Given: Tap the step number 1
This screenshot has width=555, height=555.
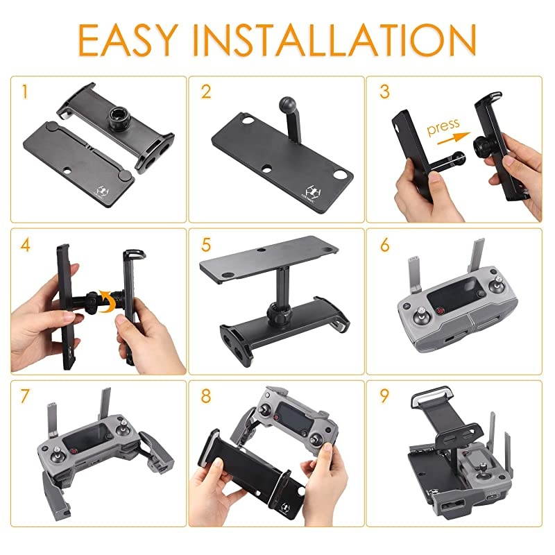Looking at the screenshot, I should click(x=25, y=92).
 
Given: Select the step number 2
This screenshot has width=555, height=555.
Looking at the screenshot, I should click(x=206, y=92).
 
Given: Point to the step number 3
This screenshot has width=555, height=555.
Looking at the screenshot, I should click(x=386, y=92).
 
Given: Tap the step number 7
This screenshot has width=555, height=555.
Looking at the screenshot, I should click(x=26, y=396).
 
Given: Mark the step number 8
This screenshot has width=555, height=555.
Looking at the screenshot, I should click(x=206, y=396).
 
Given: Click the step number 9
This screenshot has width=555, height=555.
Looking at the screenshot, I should click(x=386, y=396).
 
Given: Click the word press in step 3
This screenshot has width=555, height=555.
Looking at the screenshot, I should click(x=443, y=126).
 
